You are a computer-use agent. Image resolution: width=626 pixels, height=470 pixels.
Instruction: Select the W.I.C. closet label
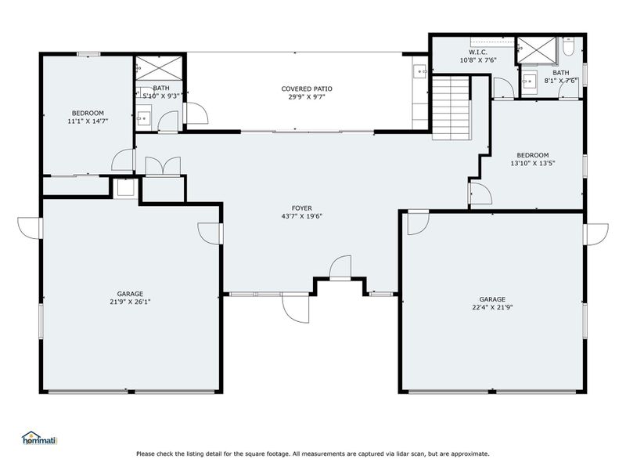tap(479, 52)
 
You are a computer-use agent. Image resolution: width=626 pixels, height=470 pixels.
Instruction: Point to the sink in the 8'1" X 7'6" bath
tap(531, 79)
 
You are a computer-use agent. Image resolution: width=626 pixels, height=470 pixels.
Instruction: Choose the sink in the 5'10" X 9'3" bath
tap(144, 118)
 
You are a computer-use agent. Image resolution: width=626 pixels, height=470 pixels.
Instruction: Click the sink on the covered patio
tap(420, 73)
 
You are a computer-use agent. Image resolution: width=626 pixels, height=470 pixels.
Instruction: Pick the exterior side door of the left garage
tap(31, 227)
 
